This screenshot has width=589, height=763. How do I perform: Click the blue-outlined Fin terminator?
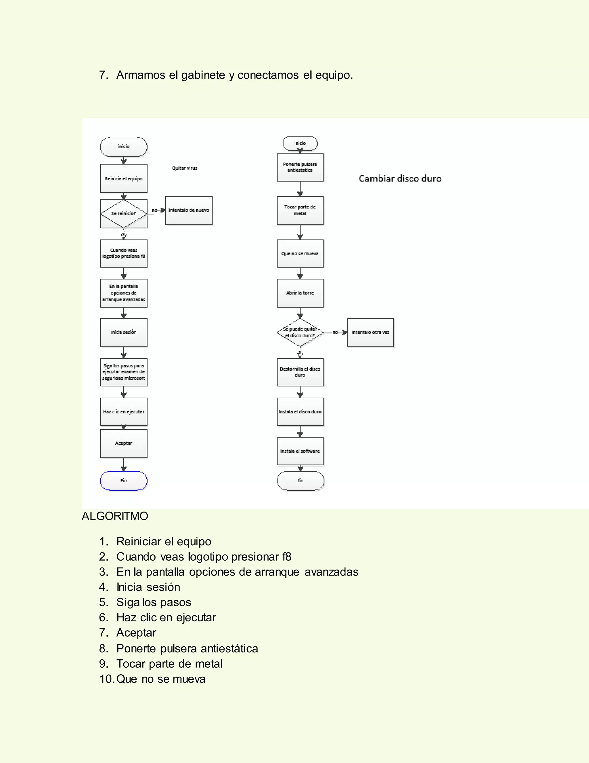pos(123,481)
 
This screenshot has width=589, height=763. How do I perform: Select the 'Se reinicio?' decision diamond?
pos(123,213)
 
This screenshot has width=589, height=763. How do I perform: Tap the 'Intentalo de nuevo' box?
pos(189,210)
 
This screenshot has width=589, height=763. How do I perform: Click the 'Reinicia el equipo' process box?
pos(123,179)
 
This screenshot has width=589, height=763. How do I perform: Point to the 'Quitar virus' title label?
pos(185,168)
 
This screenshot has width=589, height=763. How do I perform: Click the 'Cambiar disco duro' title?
pos(400,179)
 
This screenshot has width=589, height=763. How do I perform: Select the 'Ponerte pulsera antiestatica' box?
pos(300,167)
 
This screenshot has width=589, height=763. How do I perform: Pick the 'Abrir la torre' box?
pos(300,293)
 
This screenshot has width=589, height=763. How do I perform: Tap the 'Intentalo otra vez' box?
pos(370,332)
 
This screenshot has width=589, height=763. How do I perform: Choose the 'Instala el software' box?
pos(300,451)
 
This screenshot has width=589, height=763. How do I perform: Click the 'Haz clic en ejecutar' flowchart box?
pos(123,411)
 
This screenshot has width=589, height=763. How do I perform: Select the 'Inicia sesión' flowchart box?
pos(123,332)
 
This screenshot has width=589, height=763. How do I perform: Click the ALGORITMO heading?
pos(115,516)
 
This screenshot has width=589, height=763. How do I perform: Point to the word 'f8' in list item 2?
pos(287,557)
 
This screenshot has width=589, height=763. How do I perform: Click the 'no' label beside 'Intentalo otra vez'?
pos(335,332)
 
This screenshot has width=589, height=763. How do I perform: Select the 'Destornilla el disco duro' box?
pos(300,372)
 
